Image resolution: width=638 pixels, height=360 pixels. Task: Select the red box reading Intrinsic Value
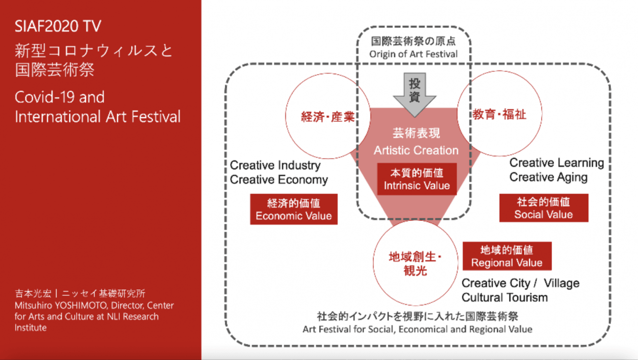[417, 179]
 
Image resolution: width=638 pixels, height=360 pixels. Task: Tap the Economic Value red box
[293, 209]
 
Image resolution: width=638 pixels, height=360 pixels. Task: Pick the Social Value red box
[543, 208]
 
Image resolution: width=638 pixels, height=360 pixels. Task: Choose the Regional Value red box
[506, 256]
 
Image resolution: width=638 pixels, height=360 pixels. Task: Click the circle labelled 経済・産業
[327, 116]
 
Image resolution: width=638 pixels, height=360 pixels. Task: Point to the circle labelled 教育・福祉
[500, 114]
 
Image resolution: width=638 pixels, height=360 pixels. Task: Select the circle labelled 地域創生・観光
[415, 263]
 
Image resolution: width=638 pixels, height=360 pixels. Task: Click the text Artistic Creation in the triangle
[416, 150]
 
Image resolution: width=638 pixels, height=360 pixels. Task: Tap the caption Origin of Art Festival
[413, 54]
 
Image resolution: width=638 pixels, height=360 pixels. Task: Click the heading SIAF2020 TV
[58, 27]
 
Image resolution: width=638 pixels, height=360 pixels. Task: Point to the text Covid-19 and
[59, 97]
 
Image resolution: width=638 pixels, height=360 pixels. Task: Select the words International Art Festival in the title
[98, 117]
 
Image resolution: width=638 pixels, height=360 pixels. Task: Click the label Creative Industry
[275, 165]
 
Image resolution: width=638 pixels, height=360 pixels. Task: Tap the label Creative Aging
[548, 177]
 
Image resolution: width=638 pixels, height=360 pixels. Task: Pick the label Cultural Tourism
[505, 297]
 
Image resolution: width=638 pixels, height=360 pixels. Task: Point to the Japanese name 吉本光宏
[33, 294]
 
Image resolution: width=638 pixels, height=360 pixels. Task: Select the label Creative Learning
[557, 163]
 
